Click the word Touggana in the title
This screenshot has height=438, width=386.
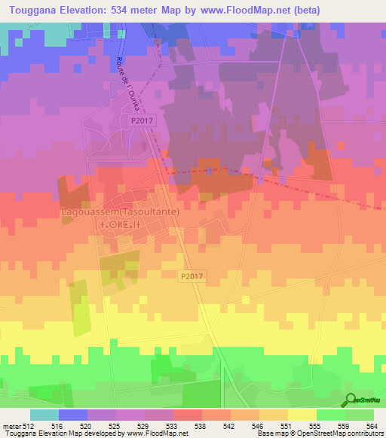(35, 10)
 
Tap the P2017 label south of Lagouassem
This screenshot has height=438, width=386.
(191, 276)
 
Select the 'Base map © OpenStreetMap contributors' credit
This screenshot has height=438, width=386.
(320, 433)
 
